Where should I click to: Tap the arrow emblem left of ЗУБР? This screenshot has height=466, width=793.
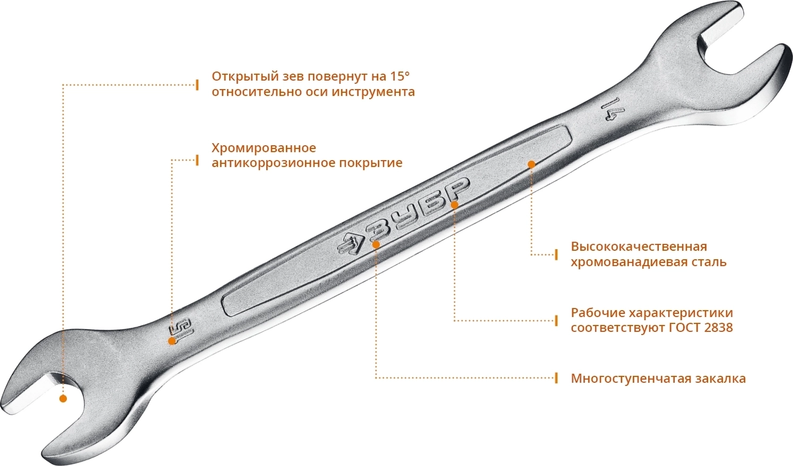point(351,245)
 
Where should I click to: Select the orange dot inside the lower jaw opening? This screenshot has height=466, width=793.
point(63,399)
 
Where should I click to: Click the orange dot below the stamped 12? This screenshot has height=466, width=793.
point(172,341)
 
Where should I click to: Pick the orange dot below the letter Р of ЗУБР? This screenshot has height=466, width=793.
point(455,205)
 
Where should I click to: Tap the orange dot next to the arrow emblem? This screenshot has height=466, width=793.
point(376,244)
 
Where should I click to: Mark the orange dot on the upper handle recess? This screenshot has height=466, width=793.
point(531,164)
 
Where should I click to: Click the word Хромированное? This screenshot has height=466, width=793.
point(264,148)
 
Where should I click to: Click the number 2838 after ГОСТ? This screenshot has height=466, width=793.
point(718,328)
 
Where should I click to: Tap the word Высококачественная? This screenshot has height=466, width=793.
point(639,247)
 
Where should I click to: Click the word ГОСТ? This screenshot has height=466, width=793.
point(685,328)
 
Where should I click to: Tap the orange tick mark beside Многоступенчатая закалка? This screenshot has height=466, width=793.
point(556,378)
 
